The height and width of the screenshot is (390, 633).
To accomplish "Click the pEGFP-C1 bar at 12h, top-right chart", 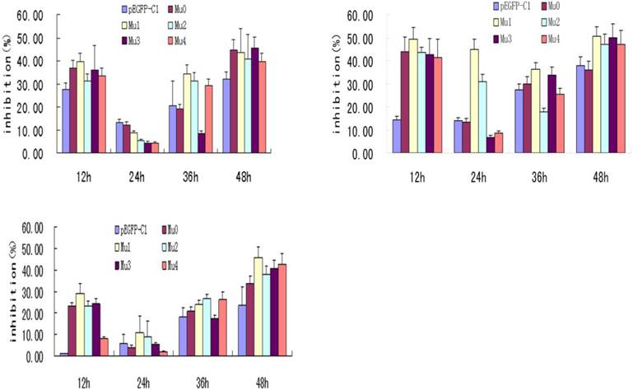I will pos(397,137).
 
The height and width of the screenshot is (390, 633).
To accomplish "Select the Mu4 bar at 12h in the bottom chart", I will pos(103,346).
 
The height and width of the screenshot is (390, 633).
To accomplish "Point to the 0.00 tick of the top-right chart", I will pos(362,154).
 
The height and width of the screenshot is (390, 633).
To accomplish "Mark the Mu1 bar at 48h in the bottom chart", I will pos(258,307).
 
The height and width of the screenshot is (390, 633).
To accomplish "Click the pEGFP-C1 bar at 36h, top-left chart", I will pos(173,129).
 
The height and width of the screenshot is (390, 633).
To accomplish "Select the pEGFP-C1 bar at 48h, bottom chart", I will pos(241,331).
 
